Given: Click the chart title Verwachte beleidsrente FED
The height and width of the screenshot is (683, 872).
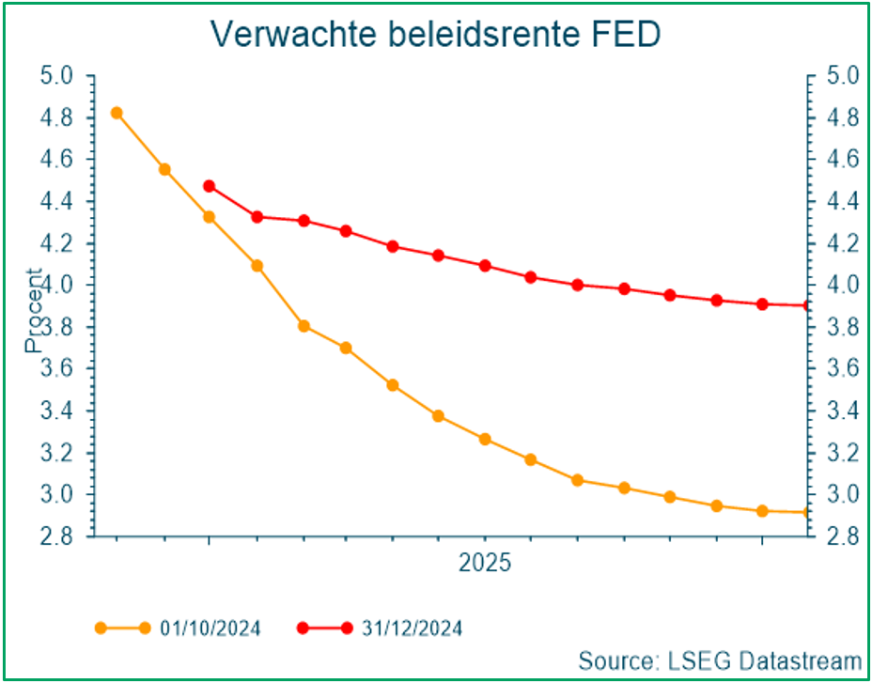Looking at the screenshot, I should (x=435, y=33).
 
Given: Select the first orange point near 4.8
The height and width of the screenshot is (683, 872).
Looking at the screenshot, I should (x=117, y=113).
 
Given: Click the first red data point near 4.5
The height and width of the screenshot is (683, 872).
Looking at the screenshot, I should (x=209, y=186).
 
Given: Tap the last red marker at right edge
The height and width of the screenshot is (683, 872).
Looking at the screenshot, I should (x=806, y=305).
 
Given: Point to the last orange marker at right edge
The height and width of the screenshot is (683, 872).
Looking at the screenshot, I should (x=806, y=512).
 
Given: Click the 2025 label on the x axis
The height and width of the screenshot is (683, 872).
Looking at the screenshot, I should (x=484, y=564).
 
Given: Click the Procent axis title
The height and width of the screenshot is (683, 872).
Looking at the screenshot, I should (x=34, y=310).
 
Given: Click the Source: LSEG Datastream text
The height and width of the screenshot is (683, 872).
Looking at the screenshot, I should (x=719, y=659).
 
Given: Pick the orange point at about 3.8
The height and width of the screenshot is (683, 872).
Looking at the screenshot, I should (x=304, y=326).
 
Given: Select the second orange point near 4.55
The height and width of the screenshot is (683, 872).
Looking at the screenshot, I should (x=164, y=169).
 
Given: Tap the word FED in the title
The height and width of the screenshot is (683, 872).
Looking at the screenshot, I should (x=627, y=33).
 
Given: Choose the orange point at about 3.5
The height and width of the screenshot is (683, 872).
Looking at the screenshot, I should (x=393, y=385).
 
